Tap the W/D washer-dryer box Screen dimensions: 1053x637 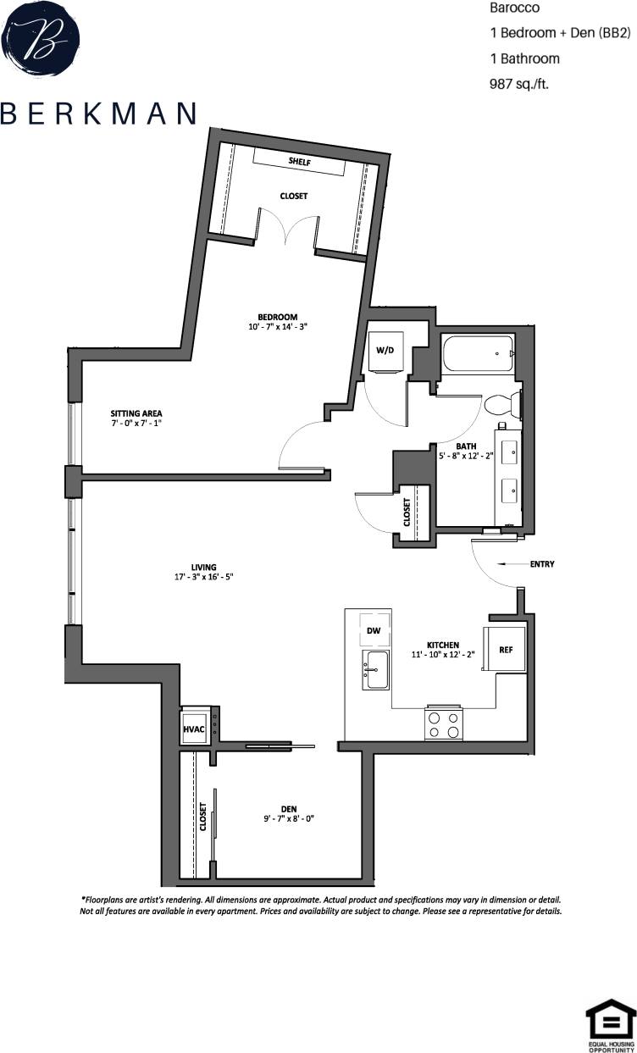pyautogui.click(x=385, y=350)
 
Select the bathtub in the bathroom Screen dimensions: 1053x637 pyautogui.click(x=477, y=354)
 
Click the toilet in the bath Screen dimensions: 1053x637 pyautogui.click(x=501, y=406)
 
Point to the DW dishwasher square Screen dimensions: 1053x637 pyautogui.click(x=374, y=631)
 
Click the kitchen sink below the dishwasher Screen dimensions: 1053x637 pyautogui.click(x=374, y=669)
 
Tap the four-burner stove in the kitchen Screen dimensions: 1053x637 pyautogui.click(x=444, y=723)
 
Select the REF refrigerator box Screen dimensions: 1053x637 pyautogui.click(x=504, y=650)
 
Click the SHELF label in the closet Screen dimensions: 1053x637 pyautogui.click(x=298, y=161)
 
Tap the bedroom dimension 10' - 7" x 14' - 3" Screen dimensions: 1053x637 pyautogui.click(x=278, y=327)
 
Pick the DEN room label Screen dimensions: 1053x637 pyautogui.click(x=289, y=809)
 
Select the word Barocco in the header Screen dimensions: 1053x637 pyautogui.click(x=514, y=8)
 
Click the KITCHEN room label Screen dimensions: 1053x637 pyautogui.click(x=444, y=645)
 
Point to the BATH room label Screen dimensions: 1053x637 pyautogui.click(x=466, y=446)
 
